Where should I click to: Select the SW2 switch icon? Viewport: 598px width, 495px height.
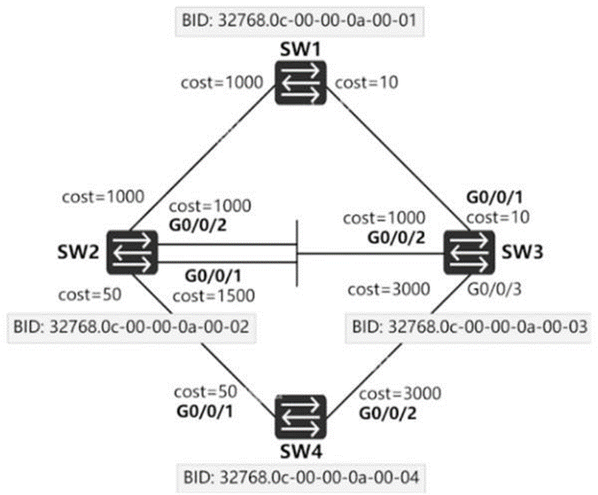(132, 253)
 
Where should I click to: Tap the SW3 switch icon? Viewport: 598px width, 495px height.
(467, 252)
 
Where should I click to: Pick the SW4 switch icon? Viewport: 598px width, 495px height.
(299, 414)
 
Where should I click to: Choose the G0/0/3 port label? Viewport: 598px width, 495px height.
(495, 288)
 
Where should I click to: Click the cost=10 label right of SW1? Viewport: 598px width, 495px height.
(364, 82)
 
